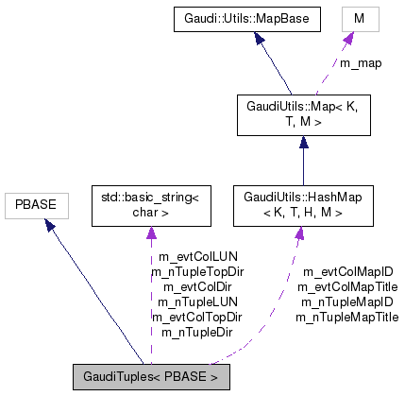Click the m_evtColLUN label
197,257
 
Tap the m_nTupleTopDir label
197,272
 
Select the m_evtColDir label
197,287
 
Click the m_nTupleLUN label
197,302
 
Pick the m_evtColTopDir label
197,318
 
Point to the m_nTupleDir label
197,333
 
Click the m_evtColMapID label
346,272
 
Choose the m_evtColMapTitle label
346,287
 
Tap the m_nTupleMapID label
346,302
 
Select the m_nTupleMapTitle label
346,318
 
